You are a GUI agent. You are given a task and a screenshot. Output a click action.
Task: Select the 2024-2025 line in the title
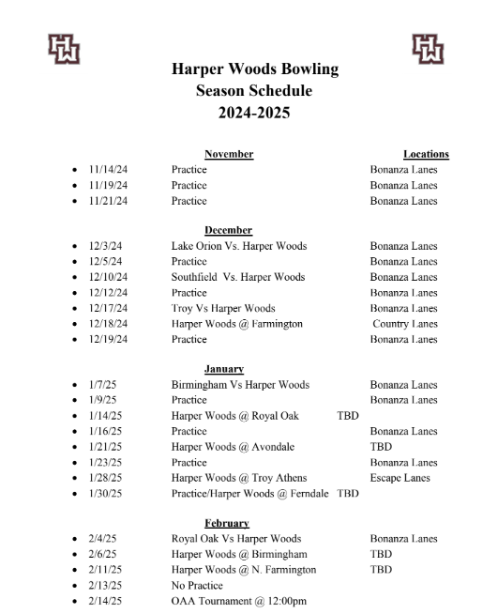point(255,113)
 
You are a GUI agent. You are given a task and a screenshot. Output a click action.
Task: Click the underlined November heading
point(229,154)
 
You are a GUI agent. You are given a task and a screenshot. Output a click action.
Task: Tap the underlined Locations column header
point(426,154)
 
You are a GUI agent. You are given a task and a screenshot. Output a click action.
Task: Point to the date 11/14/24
point(108,170)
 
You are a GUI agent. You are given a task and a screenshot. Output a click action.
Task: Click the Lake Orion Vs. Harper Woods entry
point(239,246)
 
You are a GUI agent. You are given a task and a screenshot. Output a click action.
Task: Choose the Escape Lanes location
point(400,478)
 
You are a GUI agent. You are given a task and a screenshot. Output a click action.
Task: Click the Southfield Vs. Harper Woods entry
point(238,277)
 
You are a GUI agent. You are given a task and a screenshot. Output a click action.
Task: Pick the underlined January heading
point(225,369)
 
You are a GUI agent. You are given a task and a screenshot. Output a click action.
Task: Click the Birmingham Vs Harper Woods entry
point(240,385)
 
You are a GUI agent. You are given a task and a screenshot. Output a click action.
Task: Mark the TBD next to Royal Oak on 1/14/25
point(348,416)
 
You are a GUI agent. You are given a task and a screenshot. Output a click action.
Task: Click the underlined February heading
point(227,523)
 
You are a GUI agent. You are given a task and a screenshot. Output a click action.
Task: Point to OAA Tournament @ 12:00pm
point(239,601)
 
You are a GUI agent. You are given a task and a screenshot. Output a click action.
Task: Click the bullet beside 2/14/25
point(74,601)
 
